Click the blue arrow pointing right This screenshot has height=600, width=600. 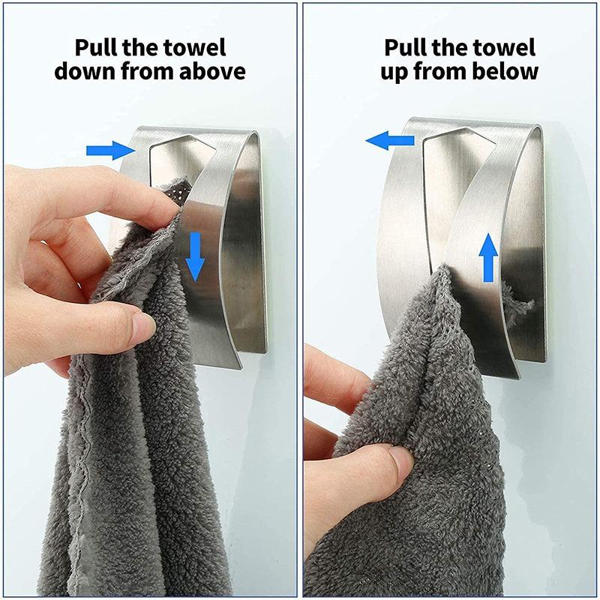coord(109,151)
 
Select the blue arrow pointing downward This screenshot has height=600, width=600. coord(195,256)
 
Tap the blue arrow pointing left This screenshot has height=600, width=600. coord(390,140)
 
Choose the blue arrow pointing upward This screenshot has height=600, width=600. coord(488,256)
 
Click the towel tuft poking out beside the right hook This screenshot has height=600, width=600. coord(524,304)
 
